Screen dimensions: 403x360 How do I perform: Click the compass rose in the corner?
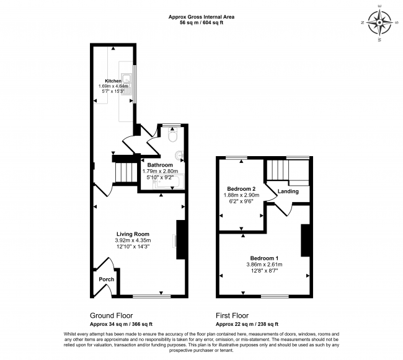click(379, 22)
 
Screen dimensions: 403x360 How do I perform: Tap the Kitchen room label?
click(113, 81)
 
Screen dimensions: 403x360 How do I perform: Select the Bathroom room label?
click(160, 165)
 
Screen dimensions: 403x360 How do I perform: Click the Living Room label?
click(133, 234)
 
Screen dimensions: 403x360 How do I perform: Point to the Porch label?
click(107, 279)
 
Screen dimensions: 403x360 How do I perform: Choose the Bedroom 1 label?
click(264, 258)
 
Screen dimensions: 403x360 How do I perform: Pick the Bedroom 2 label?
click(241, 189)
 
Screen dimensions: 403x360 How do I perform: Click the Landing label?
click(288, 191)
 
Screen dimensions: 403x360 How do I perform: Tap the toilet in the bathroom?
click(172, 136)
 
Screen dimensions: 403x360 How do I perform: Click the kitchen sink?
click(126, 84)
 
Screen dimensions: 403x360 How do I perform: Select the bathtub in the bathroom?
click(169, 182)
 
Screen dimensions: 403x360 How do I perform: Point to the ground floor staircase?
click(125, 172)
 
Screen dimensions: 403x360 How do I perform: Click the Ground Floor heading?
click(111, 315)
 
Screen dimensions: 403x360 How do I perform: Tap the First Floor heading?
click(232, 315)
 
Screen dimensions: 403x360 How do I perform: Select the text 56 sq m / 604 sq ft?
click(201, 22)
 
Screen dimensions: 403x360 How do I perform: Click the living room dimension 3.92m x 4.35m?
click(133, 240)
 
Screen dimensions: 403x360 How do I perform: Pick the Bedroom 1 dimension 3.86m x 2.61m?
click(264, 265)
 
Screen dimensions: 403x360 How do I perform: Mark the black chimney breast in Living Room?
click(180, 240)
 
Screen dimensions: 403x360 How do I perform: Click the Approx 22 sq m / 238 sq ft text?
click(247, 324)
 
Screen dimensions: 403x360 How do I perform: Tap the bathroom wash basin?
click(180, 155)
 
